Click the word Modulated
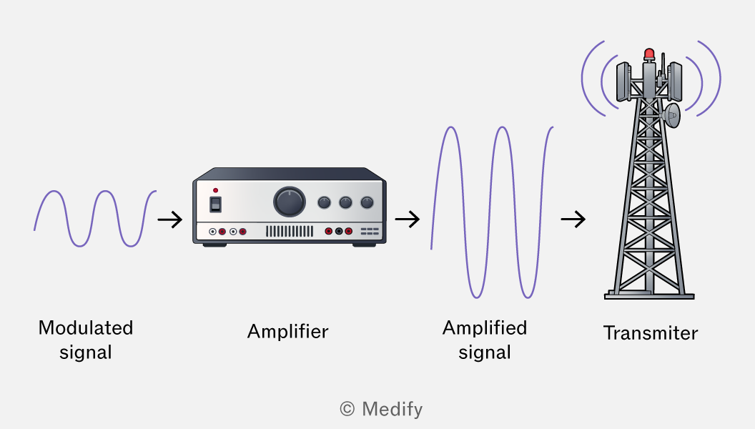coord(86,328)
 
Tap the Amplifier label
coord(288,332)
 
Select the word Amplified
coord(485,328)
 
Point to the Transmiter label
coord(651,333)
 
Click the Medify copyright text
coord(381,409)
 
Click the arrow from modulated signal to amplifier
coord(170,220)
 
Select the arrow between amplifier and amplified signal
coord(408,219)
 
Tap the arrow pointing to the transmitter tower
coord(573,219)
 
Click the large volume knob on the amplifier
coord(290,202)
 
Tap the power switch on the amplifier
coord(216,204)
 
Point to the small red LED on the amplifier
coord(215,190)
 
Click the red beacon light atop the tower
coord(649,54)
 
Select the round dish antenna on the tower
coord(671,115)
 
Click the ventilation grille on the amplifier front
coord(290,232)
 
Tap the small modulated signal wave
coord(95,219)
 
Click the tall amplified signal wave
coord(492,212)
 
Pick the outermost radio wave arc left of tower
coord(582,79)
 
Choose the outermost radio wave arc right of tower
coord(719,79)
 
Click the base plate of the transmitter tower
coord(649,296)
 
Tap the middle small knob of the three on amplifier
coord(345,202)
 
